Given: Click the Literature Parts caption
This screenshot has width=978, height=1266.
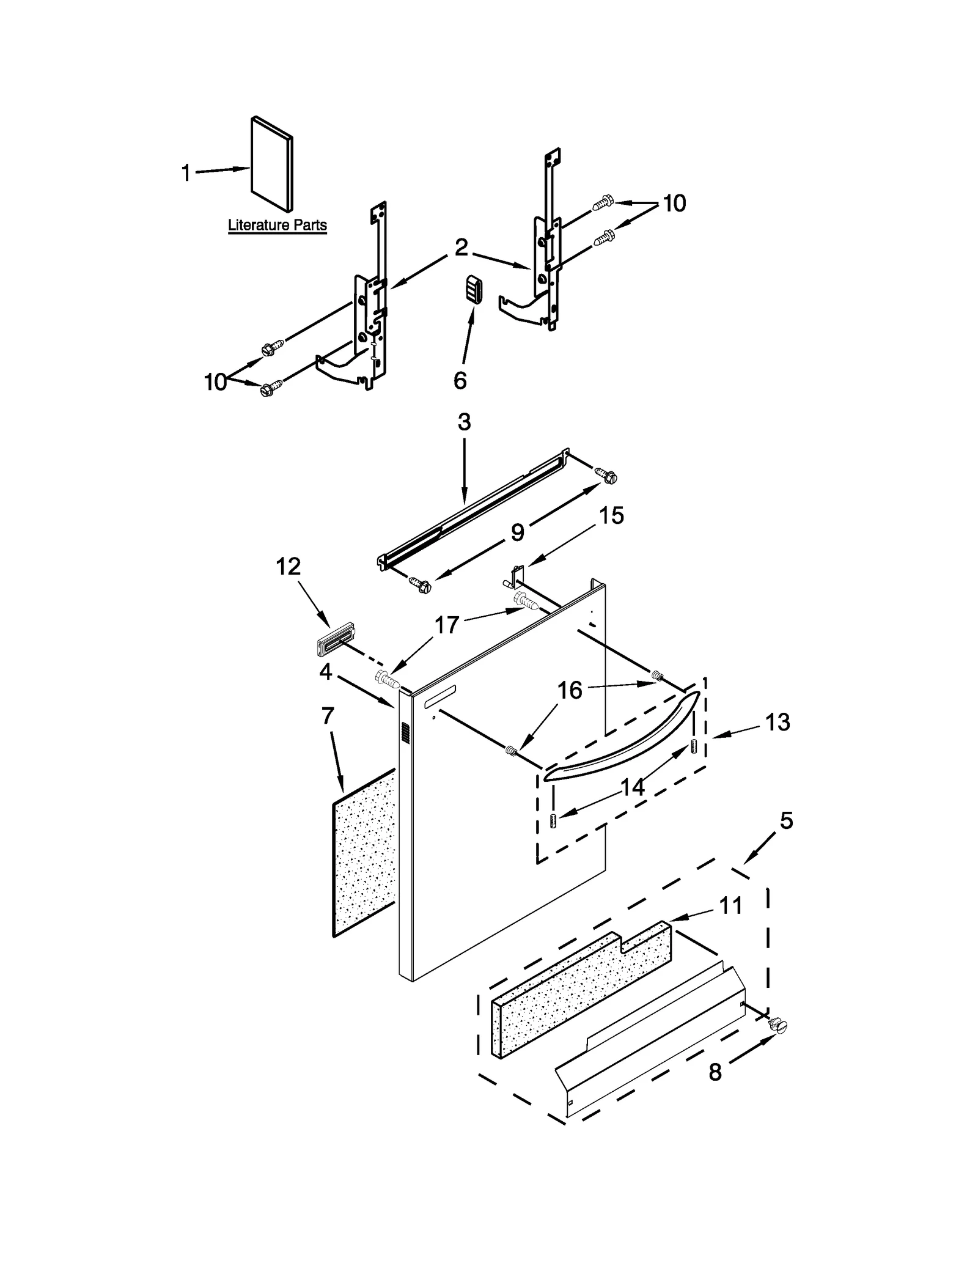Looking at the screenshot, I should (277, 225).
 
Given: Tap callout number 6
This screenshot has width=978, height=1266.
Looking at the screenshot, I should (460, 380).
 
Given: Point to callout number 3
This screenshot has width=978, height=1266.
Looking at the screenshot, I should (464, 422).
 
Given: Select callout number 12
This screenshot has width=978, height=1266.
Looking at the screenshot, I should (288, 567).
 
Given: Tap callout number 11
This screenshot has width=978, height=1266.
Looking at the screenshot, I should (730, 905).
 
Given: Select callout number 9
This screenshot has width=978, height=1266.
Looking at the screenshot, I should (517, 532).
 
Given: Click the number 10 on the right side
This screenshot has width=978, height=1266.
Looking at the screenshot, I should (674, 203).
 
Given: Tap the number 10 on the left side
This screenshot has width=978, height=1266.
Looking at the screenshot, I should (215, 382).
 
